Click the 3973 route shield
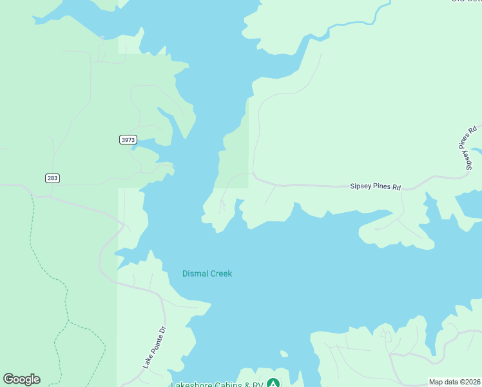tap(128, 139)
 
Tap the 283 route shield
tap(53, 178)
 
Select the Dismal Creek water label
tap(207, 273)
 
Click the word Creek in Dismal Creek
tap(220, 273)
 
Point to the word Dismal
tap(195, 273)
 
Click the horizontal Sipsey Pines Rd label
tap(375, 186)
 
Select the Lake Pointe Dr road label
tap(154, 348)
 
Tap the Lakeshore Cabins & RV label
tap(218, 384)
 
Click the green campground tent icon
tap(274, 383)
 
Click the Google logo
tap(21, 379)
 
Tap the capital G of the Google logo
tap(8, 379)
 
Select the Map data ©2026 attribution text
tap(454, 382)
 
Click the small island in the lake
tap(283, 353)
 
